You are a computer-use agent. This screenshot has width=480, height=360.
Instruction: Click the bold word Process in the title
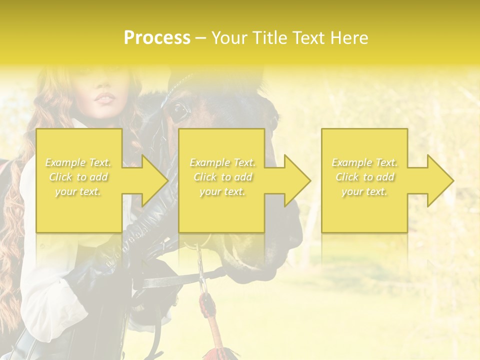coord(157,38)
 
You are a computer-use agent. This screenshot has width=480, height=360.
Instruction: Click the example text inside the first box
coord(78,177)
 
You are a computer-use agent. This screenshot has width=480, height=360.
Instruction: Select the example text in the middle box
coord(222,177)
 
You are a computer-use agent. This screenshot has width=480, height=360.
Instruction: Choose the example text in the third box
coord(364,177)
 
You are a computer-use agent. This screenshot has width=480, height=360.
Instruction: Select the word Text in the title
coord(310,38)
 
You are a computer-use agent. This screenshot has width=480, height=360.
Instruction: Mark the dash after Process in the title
coord(201,38)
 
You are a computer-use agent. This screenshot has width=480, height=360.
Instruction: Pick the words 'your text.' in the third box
coord(364,191)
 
